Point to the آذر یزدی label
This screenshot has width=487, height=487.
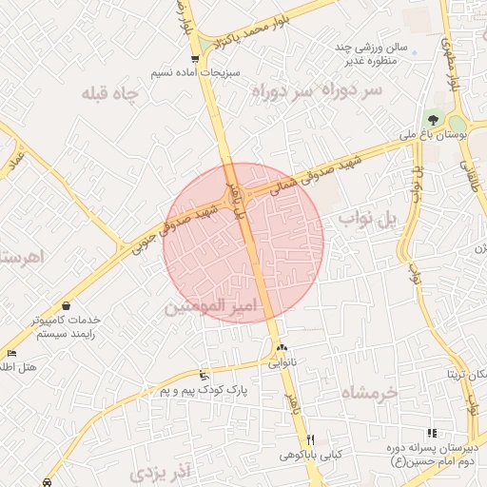coord(162,471)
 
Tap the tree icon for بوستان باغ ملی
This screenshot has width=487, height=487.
coord(434,121)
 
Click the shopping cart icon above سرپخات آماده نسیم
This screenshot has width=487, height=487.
coord(195,59)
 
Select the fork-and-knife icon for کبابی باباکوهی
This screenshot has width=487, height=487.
coord(310,439)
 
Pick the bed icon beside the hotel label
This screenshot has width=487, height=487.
coord(10,353)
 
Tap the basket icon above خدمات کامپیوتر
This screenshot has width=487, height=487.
coord(68,305)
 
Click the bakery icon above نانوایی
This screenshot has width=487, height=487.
coord(282,348)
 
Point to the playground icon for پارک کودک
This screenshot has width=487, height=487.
coord(204,376)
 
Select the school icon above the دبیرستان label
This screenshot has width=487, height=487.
coord(433,434)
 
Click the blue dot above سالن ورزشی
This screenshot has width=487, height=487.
coord(415,52)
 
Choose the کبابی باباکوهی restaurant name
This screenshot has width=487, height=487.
coord(310,455)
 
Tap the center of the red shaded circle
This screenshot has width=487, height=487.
coord(243,243)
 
